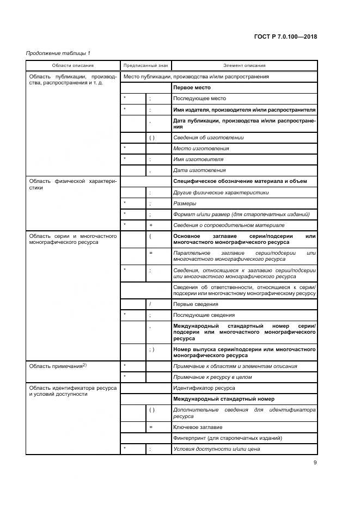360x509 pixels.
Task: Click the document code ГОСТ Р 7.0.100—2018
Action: point(285,37)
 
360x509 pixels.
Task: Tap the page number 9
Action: point(315,463)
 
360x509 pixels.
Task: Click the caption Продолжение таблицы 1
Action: point(58,53)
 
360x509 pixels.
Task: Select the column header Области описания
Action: point(73,65)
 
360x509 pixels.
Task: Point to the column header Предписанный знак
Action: point(145,65)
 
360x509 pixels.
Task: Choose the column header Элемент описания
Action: point(244,65)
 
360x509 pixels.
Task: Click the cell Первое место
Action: point(192,88)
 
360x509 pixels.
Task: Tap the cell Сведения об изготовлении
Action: point(208,138)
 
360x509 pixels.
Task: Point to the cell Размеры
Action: point(185,203)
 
